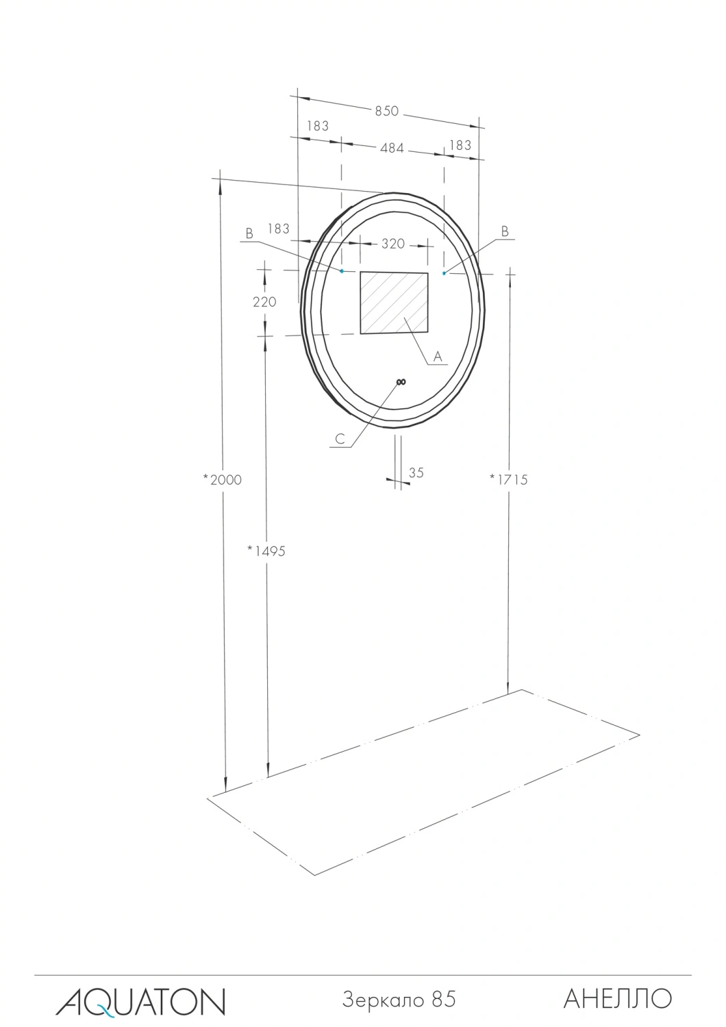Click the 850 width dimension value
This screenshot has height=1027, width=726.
[387, 112]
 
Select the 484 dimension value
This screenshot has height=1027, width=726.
[392, 148]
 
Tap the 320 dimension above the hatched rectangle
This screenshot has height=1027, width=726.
[393, 244]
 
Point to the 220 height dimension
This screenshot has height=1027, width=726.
[264, 302]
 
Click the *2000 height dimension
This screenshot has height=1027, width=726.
[223, 479]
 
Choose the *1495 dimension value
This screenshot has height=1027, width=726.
[266, 550]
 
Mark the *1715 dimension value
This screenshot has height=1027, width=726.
[509, 479]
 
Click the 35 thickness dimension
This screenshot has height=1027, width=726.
[416, 472]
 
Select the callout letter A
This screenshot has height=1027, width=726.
[438, 356]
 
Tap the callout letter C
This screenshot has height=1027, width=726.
[340, 439]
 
